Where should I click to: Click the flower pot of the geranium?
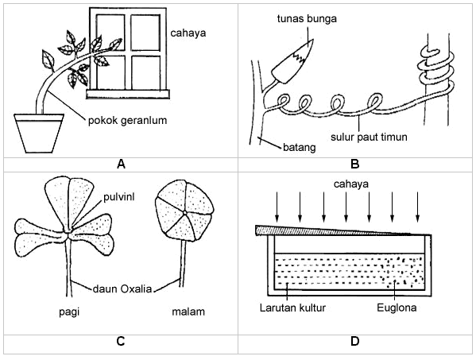[39, 133]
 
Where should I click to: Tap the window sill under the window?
[128, 94]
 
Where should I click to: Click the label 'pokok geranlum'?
[127, 121]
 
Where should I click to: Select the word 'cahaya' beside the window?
[188, 33]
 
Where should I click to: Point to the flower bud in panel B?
[292, 63]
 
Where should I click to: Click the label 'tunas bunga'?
[307, 18]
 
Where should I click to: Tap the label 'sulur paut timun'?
[369, 137]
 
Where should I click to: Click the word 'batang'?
[300, 148]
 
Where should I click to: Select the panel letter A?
[121, 165]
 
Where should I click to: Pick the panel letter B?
[355, 165]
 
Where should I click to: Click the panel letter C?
[121, 342]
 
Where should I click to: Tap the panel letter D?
[355, 342]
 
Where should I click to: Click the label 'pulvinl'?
[118, 197]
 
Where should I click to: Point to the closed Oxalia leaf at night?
[184, 211]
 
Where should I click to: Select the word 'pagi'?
[69, 312]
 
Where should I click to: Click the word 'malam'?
[188, 312]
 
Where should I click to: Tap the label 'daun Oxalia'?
[122, 288]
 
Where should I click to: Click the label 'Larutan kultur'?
[292, 308]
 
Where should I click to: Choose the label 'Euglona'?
[397, 308]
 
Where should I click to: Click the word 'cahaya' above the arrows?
[351, 184]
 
